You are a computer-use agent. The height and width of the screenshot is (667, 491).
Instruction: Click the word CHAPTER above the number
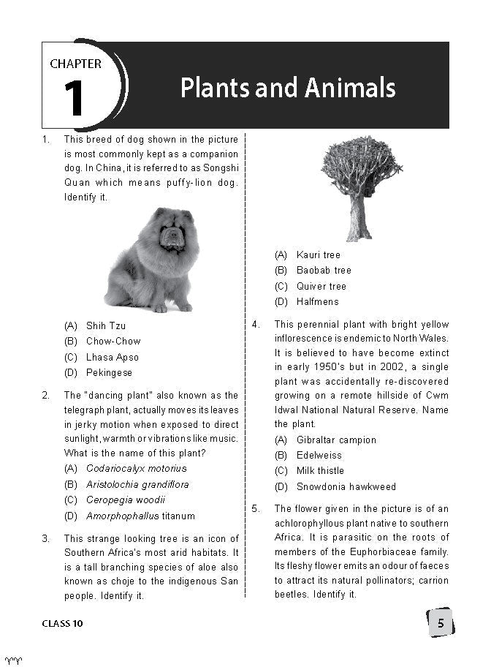(75, 64)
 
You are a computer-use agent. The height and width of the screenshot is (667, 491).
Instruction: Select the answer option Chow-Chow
(113, 342)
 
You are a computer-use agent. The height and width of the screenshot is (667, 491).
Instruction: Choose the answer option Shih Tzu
(105, 326)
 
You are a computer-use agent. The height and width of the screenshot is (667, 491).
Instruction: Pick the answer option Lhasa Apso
(112, 357)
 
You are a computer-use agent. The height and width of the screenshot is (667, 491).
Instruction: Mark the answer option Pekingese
(109, 372)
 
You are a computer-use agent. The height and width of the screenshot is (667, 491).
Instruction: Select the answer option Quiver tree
(321, 286)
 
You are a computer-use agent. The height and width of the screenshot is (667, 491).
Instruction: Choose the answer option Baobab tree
(323, 271)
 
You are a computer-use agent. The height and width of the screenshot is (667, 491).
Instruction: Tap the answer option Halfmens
(317, 301)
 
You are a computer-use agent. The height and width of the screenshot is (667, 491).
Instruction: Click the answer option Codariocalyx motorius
(136, 469)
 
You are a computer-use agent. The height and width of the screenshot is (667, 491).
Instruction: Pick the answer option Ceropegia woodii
(125, 500)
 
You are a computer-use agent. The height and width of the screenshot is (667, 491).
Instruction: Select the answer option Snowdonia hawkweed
(346, 486)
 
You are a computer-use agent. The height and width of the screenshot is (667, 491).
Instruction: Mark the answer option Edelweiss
(319, 456)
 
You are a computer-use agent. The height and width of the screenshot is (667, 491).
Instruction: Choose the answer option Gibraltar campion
(336, 440)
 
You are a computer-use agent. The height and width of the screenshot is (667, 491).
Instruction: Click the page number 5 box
(440, 623)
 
